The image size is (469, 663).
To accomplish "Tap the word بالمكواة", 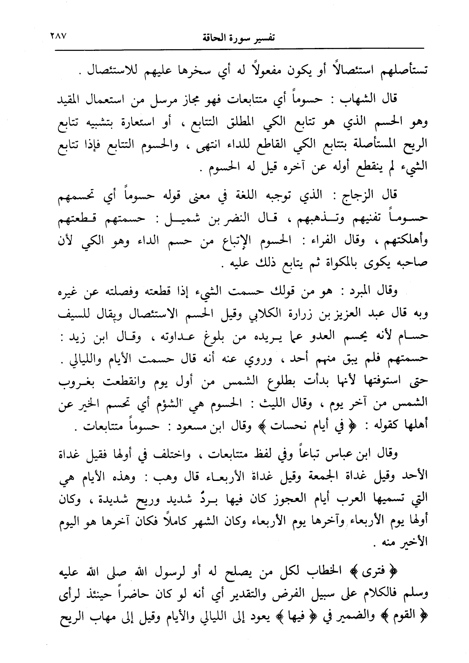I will point(333,262).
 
